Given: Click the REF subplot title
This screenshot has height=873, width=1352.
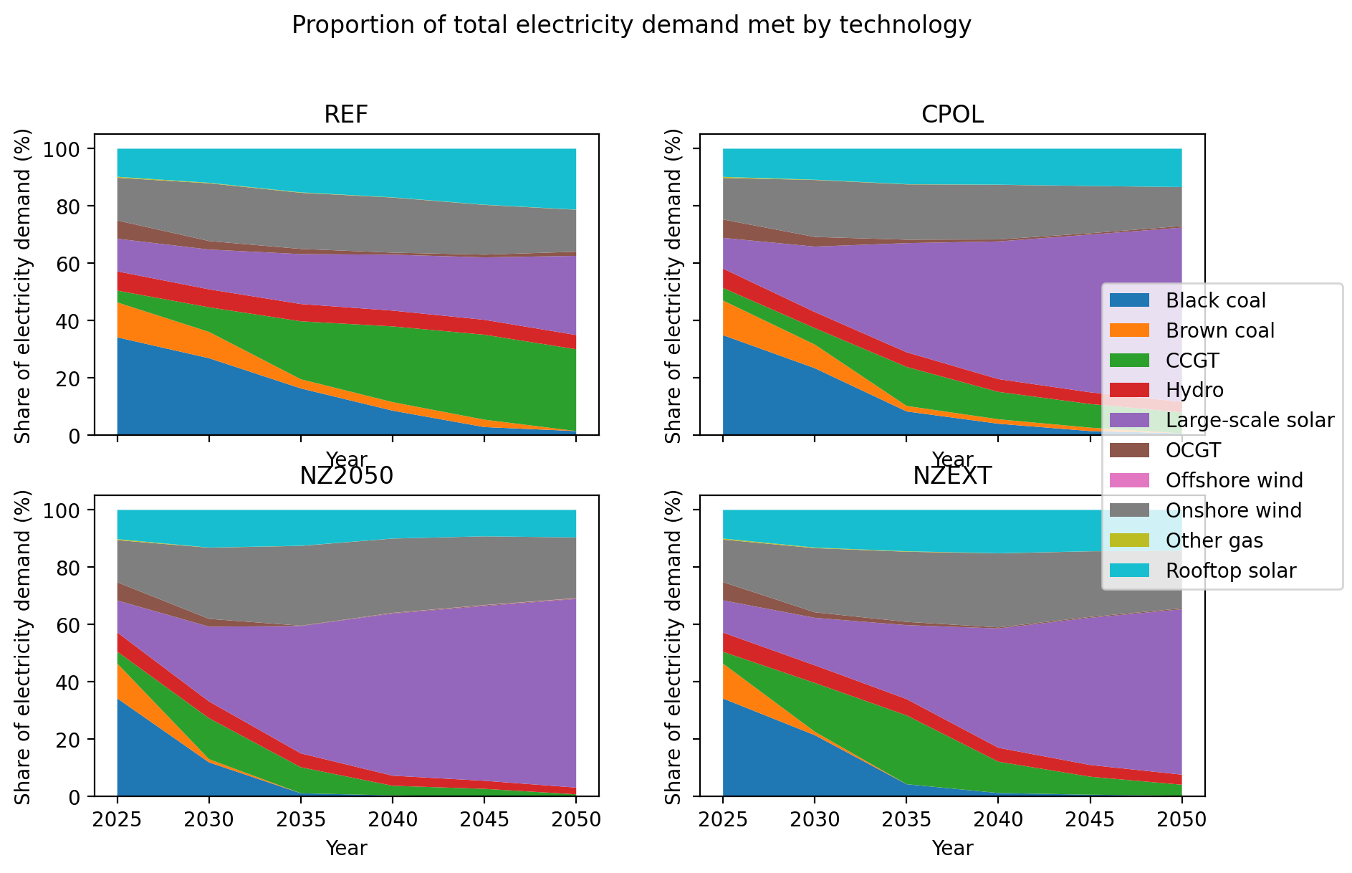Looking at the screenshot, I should click(346, 115).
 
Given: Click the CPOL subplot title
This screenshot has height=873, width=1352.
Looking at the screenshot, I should click(952, 115).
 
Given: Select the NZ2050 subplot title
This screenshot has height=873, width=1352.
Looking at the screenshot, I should click(346, 476).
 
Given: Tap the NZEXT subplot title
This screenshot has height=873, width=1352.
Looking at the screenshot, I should click(952, 476).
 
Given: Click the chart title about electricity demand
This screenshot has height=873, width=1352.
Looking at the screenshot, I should click(631, 26).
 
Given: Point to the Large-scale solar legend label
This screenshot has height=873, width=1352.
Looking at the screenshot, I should click(1250, 421).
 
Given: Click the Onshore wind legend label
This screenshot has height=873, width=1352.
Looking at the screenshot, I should click(1233, 511).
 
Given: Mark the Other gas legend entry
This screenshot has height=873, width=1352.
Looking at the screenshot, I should click(1214, 541).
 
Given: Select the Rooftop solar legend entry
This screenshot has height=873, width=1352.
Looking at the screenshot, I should click(1230, 571).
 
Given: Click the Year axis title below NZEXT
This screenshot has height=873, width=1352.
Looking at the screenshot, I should click(952, 849).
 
